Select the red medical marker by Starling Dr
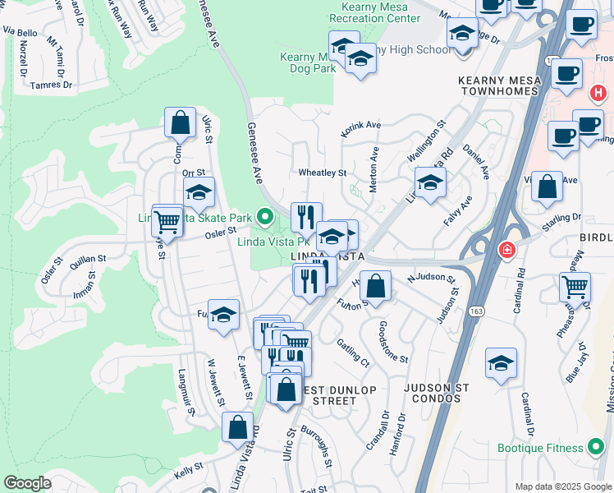tap(506, 249)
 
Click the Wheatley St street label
tap(323, 173)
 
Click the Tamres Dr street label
tap(51, 85)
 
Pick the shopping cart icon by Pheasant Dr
tap(575, 288)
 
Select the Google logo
tap(27, 483)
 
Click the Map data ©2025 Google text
tap(562, 486)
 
